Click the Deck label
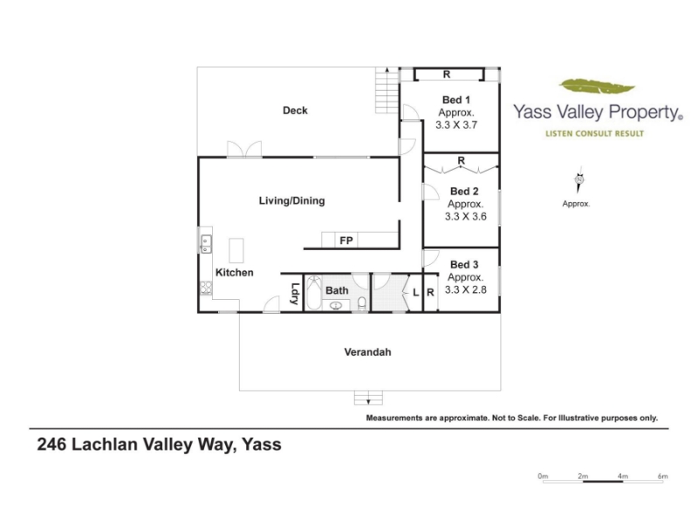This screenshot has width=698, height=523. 295,111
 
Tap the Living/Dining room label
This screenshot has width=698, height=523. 292,200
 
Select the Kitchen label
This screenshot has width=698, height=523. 234,272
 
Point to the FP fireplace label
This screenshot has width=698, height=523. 346,241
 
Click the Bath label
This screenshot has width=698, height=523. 337,290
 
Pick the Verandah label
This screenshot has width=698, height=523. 367,352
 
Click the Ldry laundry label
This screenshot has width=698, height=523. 294,294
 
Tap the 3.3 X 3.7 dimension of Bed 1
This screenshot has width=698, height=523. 456,125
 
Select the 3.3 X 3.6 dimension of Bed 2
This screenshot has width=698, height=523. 466,216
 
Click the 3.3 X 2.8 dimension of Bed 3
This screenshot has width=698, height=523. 466,289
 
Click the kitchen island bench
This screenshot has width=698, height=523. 236,250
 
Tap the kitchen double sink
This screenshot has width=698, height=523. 206,244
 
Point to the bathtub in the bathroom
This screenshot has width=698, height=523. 314,293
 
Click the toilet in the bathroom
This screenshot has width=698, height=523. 362,303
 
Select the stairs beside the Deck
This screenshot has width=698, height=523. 387,91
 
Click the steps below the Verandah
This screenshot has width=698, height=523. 368,398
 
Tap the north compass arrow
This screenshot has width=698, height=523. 579,180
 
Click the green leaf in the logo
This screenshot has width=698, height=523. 597,85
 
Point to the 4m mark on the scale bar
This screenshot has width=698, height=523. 623,476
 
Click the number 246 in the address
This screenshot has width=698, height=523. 51,445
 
